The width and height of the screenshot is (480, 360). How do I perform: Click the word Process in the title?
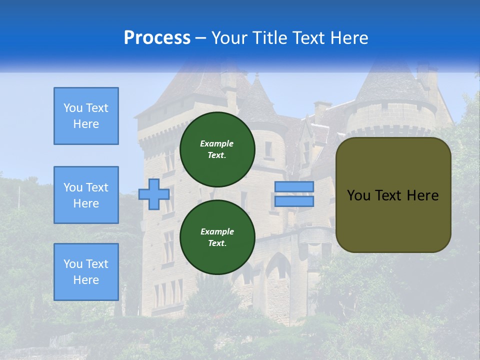[x=157, y=38]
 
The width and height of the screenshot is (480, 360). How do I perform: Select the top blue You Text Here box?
[x=86, y=116]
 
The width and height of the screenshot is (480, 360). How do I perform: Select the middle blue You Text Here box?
[x=86, y=195]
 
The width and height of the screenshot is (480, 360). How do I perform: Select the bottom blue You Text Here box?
[x=86, y=272]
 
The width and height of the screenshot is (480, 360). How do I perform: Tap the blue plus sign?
[x=154, y=194]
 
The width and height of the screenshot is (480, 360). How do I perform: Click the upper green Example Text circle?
[x=217, y=149]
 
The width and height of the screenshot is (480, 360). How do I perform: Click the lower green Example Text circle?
[x=217, y=237]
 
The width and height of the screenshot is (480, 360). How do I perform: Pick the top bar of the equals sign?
[x=294, y=187]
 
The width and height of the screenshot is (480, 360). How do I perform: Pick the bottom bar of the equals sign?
[x=294, y=201]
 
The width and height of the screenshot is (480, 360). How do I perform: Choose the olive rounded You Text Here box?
[x=393, y=195]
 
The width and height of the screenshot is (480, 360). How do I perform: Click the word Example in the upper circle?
[x=217, y=143]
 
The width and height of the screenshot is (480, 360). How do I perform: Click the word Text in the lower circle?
[x=217, y=243]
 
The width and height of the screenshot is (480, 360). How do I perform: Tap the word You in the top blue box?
[x=73, y=108]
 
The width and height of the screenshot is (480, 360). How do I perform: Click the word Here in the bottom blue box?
[x=86, y=280]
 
